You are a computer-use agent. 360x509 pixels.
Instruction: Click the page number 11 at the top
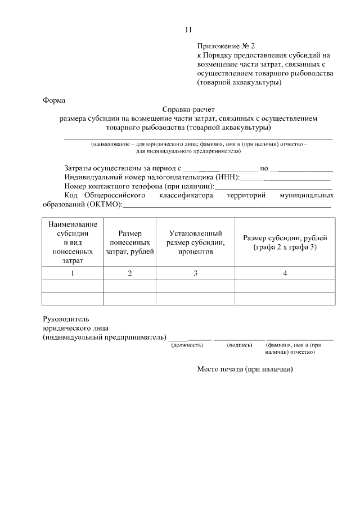pos(188,29)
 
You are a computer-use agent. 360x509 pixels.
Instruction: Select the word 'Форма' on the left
pos(54,101)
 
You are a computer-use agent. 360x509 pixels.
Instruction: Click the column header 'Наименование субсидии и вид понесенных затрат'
pos(73,242)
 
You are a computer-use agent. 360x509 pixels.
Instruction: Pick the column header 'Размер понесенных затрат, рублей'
pos(130,242)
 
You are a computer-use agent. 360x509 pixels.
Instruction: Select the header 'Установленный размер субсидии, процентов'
pos(195,242)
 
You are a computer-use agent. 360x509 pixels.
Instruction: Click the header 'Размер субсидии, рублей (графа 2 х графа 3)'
pos(285,242)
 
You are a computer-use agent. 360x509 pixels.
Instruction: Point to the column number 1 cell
pos(73,273)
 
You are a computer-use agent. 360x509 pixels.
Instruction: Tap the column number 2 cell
pos(130,273)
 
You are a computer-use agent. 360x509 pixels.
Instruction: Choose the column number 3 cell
pos(195,273)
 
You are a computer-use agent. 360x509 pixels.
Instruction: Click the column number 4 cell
pos(285,273)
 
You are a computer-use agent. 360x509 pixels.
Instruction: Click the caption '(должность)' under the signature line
pos(187,345)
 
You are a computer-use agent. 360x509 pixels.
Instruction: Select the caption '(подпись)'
pos(239,345)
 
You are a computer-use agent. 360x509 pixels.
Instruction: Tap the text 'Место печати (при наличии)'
pos(245,370)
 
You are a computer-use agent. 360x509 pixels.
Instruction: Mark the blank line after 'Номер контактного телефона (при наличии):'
pos(274,187)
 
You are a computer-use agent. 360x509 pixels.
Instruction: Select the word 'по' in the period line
pos(263,168)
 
